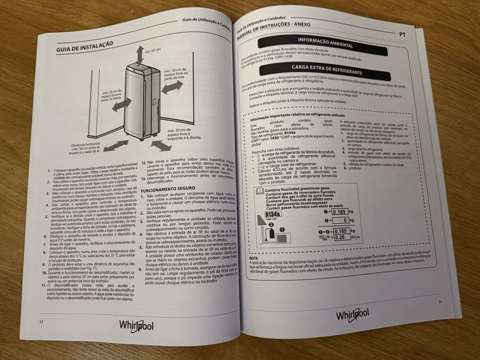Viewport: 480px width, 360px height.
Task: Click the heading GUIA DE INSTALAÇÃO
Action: click(84, 47)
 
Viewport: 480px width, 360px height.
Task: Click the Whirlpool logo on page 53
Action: click(353, 315)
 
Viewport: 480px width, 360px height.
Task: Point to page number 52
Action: click(41, 321)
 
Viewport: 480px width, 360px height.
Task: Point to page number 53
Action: click(440, 302)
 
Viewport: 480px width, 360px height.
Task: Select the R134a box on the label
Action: click(272, 214)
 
